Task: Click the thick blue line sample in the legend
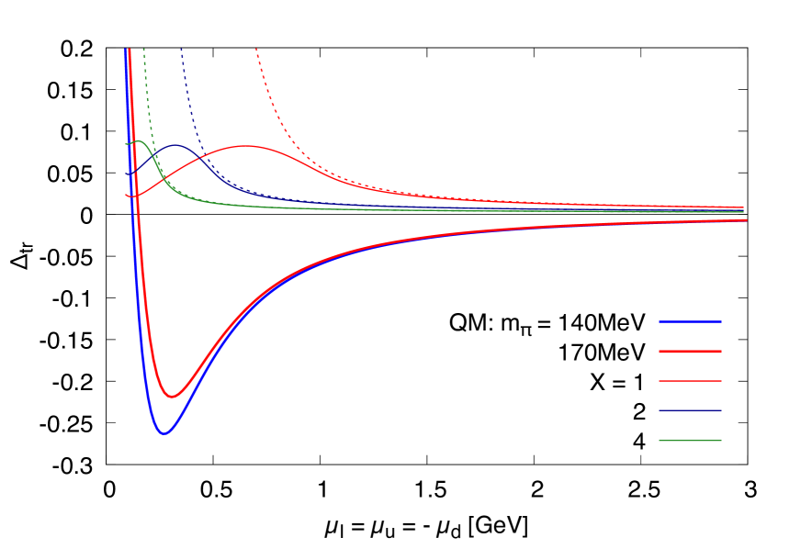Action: coord(690,321)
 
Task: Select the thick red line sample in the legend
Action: coord(690,352)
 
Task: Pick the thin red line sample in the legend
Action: coord(690,381)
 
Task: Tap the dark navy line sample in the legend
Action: coord(690,410)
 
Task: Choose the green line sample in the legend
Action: coord(690,441)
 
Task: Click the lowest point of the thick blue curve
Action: coord(164,433)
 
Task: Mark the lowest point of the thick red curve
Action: coord(172,397)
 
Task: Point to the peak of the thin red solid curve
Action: coord(246,146)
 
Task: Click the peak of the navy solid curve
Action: coord(175,145)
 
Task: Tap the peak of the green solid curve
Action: coord(138,141)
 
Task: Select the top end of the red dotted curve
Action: coord(256,49)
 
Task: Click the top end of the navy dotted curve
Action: coord(181,49)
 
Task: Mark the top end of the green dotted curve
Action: coord(143,49)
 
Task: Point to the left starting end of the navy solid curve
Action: coord(126,174)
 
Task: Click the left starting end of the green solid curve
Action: coord(126,143)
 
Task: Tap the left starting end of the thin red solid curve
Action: coord(126,195)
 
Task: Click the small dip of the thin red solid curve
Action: coord(132,196)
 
